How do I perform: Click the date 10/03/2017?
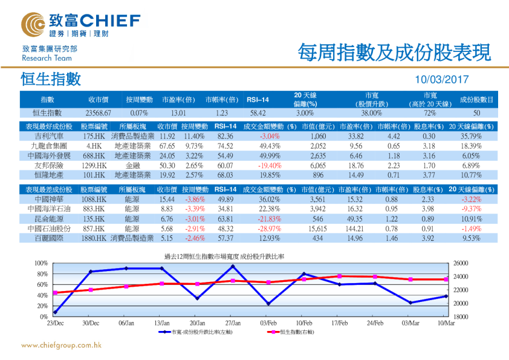tap(443, 80)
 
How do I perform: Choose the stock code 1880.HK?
tap(94, 238)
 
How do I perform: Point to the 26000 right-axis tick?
tap(461, 263)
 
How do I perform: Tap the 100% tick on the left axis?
tap(41, 263)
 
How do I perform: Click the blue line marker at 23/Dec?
tap(55, 312)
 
